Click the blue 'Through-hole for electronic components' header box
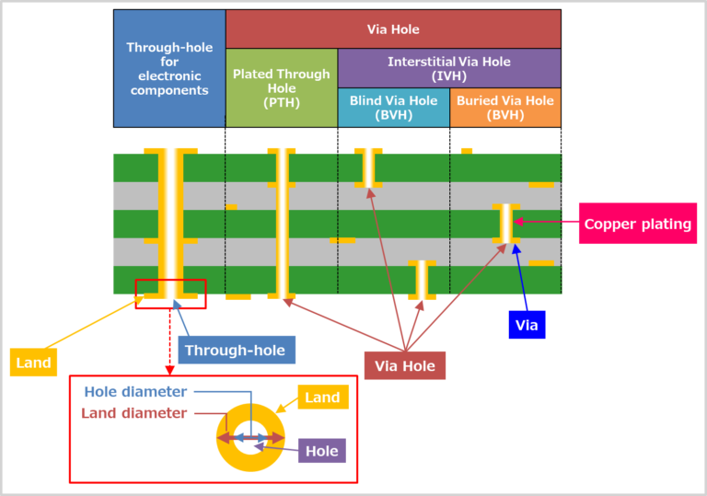coord(168,69)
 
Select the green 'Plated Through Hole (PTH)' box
coord(281,87)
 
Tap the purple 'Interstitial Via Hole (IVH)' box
coord(448,68)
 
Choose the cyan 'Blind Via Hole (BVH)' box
coord(393,108)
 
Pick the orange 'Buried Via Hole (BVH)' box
coord(504,108)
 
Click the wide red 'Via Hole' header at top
coord(393,29)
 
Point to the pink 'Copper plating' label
coord(637,225)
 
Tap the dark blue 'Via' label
coord(527,325)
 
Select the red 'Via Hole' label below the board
coord(405,365)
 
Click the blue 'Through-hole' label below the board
coord(235,350)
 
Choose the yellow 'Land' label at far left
coord(33,363)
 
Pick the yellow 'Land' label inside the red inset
coord(322,398)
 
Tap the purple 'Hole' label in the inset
coord(322,450)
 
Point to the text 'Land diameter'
coord(134,413)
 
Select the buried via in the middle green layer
coord(505,225)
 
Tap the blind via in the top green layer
coord(369,167)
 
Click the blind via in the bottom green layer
coord(422,280)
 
